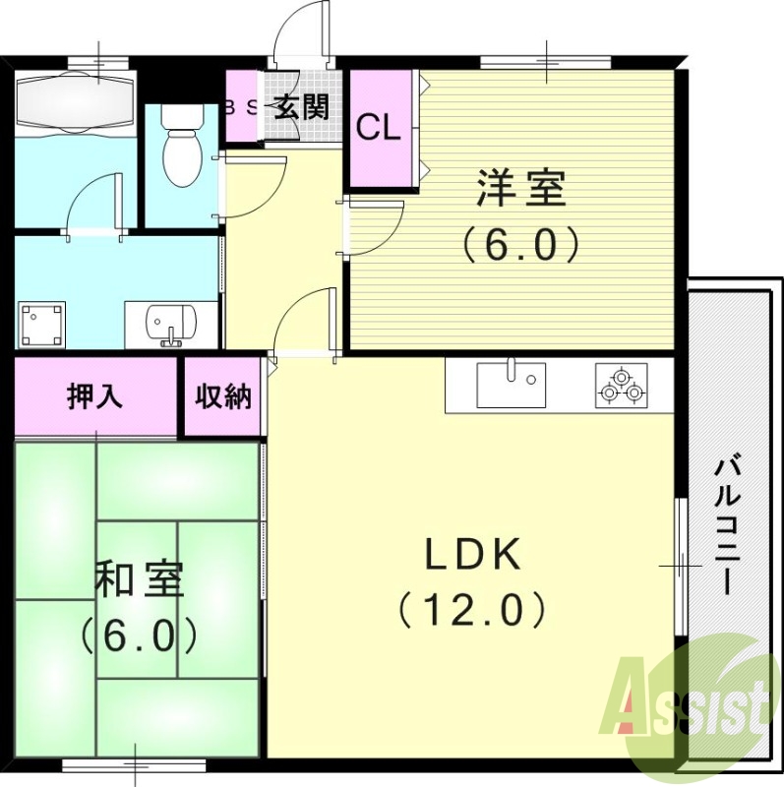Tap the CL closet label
(x=378, y=128)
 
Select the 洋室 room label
(x=521, y=188)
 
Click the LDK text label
(x=472, y=556)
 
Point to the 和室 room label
(x=139, y=579)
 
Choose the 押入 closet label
(x=94, y=396)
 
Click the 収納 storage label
(x=222, y=396)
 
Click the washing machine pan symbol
(x=42, y=324)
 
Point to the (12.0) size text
(x=472, y=611)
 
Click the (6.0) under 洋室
(x=521, y=243)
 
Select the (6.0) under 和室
(x=139, y=635)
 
